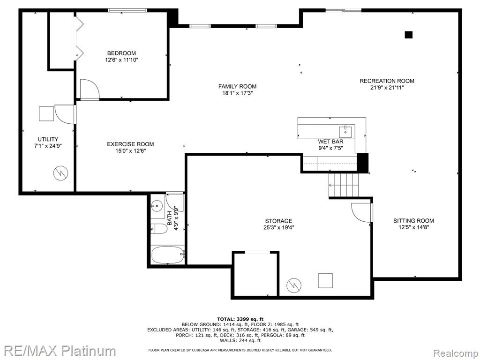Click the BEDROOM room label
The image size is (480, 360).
pyautogui.click(x=121, y=53)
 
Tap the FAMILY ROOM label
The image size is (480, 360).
pyautogui.click(x=237, y=86)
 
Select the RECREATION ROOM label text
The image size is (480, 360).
pyautogui.click(x=387, y=81)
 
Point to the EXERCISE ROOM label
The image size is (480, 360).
pyautogui.click(x=130, y=144)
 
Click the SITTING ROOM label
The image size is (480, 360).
pyautogui.click(x=413, y=220)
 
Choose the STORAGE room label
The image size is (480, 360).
pyautogui.click(x=278, y=221)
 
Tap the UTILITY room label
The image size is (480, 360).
pyautogui.click(x=48, y=139)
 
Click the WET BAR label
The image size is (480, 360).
pyautogui.click(x=330, y=142)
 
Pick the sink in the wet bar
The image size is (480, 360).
pyautogui.click(x=345, y=132)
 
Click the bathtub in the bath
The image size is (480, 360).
pyautogui.click(x=168, y=255)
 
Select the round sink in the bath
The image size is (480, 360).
pyautogui.click(x=157, y=205)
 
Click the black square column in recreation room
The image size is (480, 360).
pyautogui.click(x=408, y=35)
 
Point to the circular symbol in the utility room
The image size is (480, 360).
pyautogui.click(x=60, y=173)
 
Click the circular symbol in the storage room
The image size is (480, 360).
pyautogui.click(x=294, y=285)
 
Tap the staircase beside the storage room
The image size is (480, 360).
pyautogui.click(x=344, y=185)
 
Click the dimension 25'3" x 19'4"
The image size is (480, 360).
pyautogui.click(x=278, y=227)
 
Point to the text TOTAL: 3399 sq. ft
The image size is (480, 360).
pyautogui.click(x=240, y=319)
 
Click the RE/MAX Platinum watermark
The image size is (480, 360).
pyautogui.click(x=58, y=351)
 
